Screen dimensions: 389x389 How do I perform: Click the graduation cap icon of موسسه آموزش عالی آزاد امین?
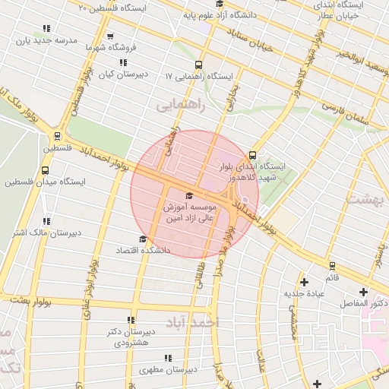tap(189, 196)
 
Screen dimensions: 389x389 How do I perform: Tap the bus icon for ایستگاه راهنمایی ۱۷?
tap(199, 65)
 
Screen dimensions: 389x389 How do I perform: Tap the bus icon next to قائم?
tap(332, 266)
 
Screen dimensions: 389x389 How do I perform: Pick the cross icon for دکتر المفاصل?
tap(363, 292)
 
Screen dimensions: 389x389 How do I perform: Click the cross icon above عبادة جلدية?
tap(304, 282)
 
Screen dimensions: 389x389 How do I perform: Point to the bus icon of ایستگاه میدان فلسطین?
tap(46, 171)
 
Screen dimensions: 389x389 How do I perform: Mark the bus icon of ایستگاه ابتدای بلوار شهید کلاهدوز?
tap(254, 155)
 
